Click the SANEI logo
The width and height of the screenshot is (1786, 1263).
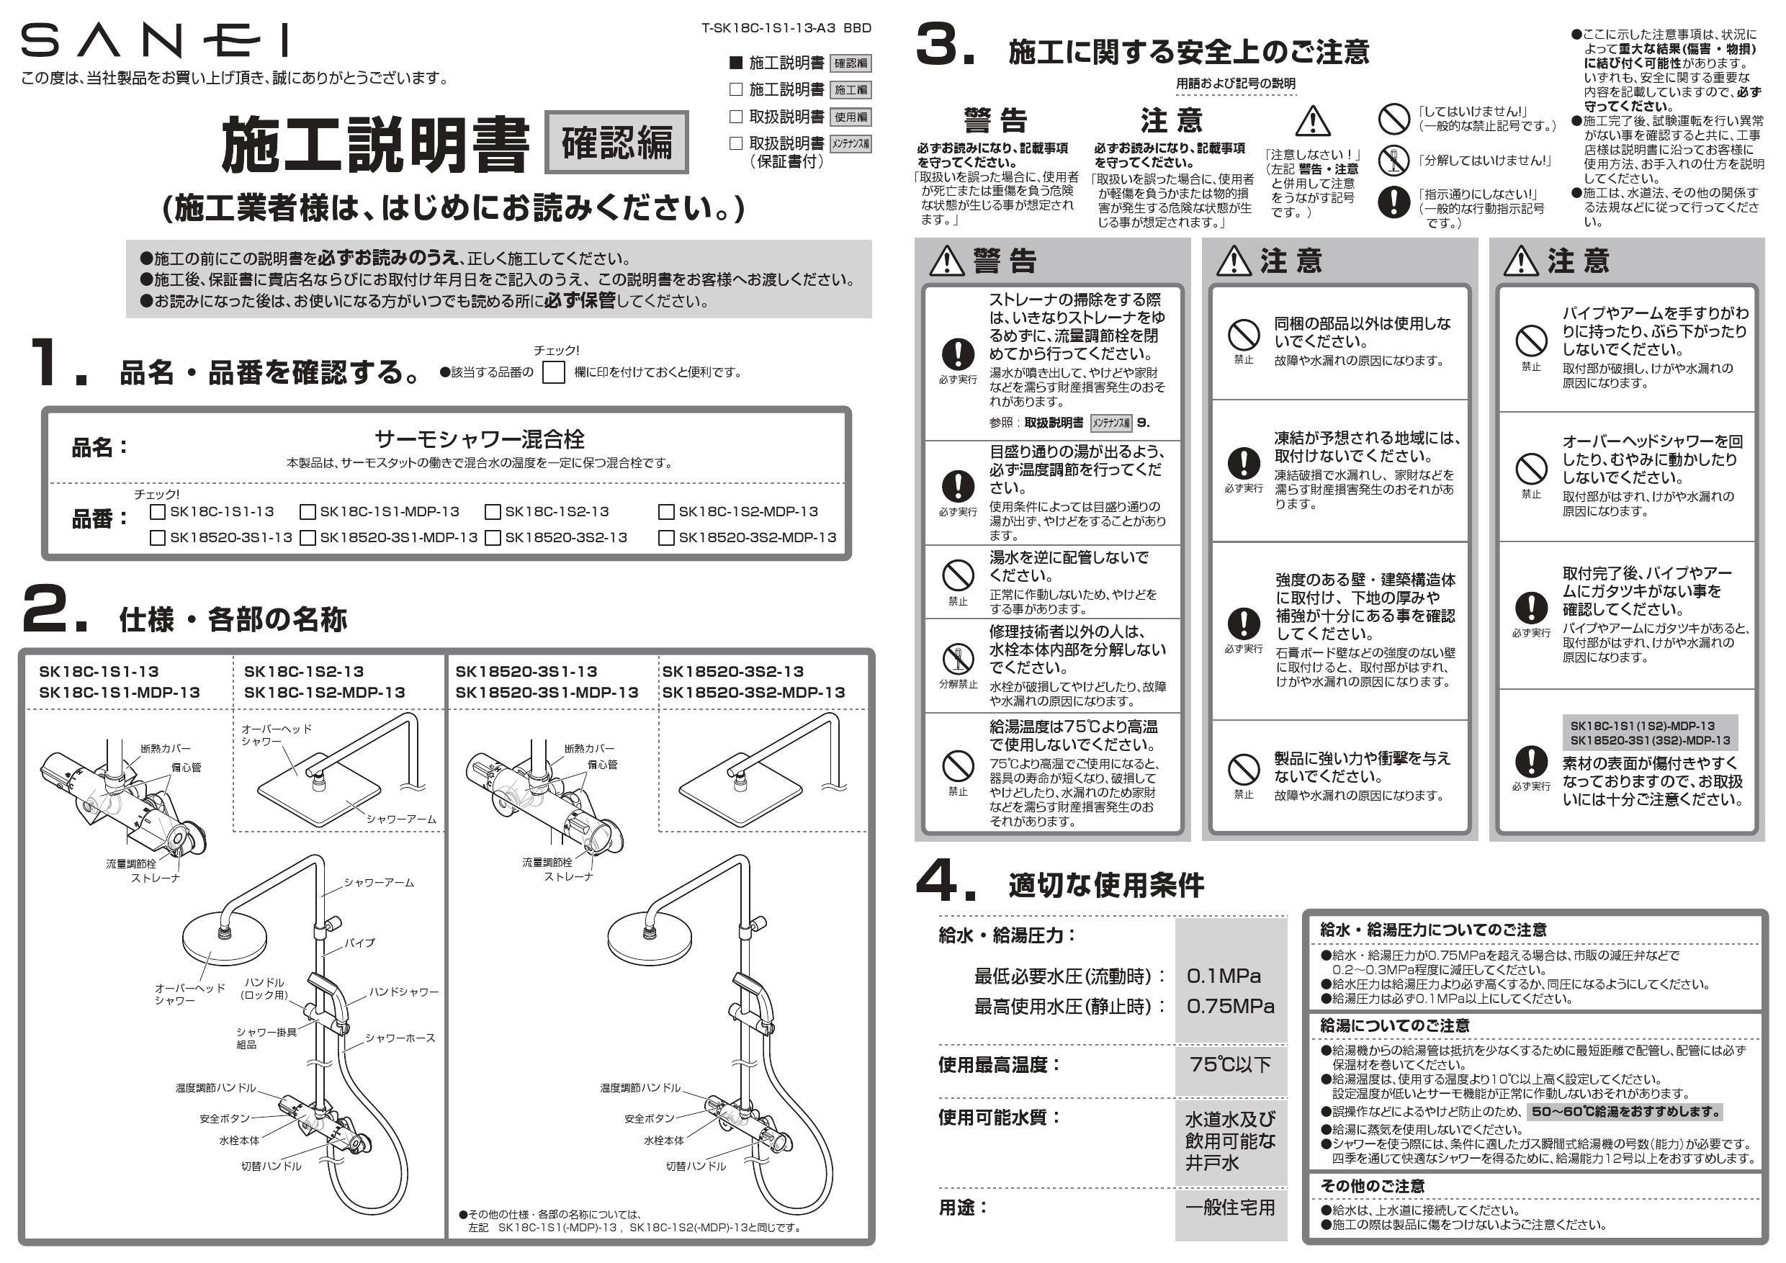155,40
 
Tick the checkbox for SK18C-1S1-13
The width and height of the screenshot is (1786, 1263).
158,512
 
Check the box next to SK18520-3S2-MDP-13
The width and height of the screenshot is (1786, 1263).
666,537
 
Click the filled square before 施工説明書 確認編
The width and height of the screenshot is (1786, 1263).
736,63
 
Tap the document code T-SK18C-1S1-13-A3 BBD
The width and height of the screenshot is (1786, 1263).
786,28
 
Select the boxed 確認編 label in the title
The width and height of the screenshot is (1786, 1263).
617,143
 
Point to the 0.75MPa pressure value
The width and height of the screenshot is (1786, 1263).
1230,1007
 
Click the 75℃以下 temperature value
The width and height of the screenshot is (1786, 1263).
1230,1064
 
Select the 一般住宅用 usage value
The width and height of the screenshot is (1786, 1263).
1230,1207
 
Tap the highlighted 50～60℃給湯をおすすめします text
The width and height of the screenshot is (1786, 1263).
1625,1111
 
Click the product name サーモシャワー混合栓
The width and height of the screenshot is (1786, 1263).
479,439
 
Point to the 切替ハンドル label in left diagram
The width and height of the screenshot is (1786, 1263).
271,1166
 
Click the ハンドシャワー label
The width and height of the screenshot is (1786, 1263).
404,992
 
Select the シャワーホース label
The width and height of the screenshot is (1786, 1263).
400,1038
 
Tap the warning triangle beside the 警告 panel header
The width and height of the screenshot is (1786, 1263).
947,261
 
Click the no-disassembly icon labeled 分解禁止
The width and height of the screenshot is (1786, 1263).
958,659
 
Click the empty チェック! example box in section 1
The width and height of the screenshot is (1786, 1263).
553,372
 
